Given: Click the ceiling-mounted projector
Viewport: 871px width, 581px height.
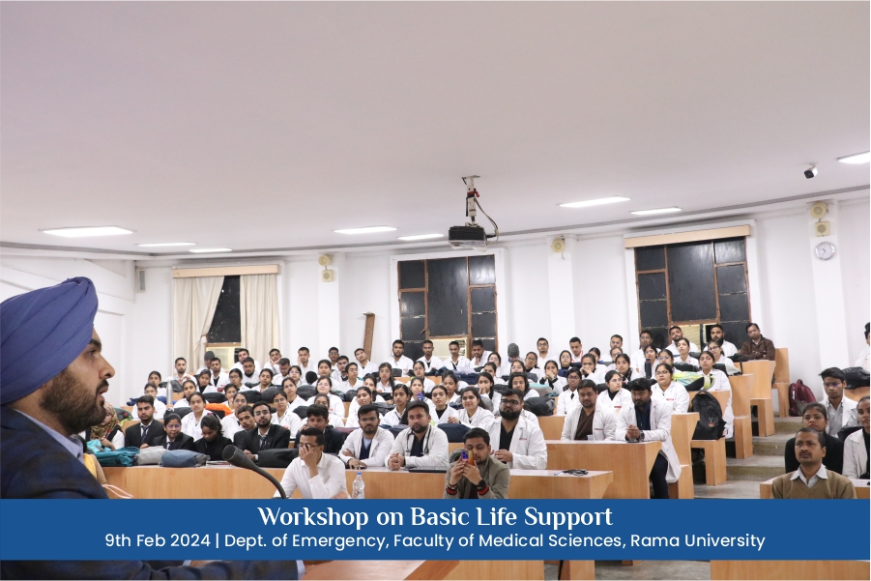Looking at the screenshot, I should pyautogui.click(x=467, y=234).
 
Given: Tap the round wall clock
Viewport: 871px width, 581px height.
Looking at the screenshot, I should pyautogui.click(x=825, y=250).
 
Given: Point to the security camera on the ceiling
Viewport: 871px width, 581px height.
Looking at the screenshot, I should pyautogui.click(x=810, y=171).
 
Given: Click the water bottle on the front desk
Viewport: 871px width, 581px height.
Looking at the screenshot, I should pyautogui.click(x=359, y=484).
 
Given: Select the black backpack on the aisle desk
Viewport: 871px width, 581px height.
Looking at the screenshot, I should pyautogui.click(x=708, y=416).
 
